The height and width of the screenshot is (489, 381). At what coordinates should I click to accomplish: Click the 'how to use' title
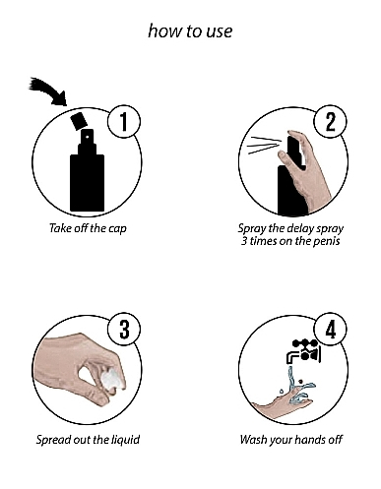click(x=190, y=31)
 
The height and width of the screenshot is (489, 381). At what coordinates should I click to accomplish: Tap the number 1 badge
click(x=124, y=121)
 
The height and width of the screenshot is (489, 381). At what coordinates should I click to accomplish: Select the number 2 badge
click(x=331, y=121)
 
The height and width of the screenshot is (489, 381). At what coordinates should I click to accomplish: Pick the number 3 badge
click(x=124, y=330)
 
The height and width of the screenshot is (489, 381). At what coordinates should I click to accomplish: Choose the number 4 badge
click(x=331, y=330)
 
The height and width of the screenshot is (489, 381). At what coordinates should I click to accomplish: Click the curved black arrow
click(x=49, y=91)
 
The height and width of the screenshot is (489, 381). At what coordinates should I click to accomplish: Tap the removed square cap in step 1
click(x=79, y=121)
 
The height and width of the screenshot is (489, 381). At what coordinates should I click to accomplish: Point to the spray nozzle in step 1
click(x=88, y=138)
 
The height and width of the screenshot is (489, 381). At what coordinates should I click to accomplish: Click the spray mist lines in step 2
click(x=264, y=146)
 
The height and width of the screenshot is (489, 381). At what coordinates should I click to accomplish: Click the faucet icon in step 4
click(x=303, y=352)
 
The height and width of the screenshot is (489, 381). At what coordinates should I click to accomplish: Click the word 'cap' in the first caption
click(x=117, y=228)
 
